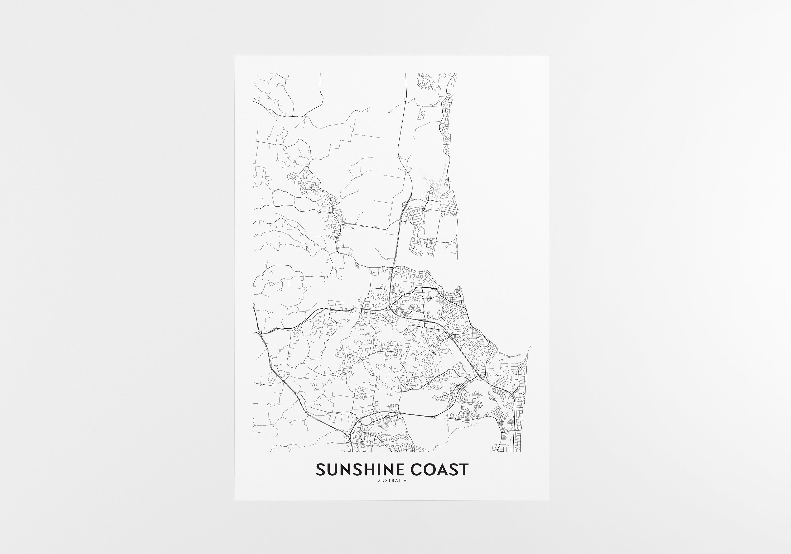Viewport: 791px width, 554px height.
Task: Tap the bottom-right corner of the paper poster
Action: [x=549, y=500]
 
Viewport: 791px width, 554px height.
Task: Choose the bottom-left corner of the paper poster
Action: [x=235, y=500]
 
